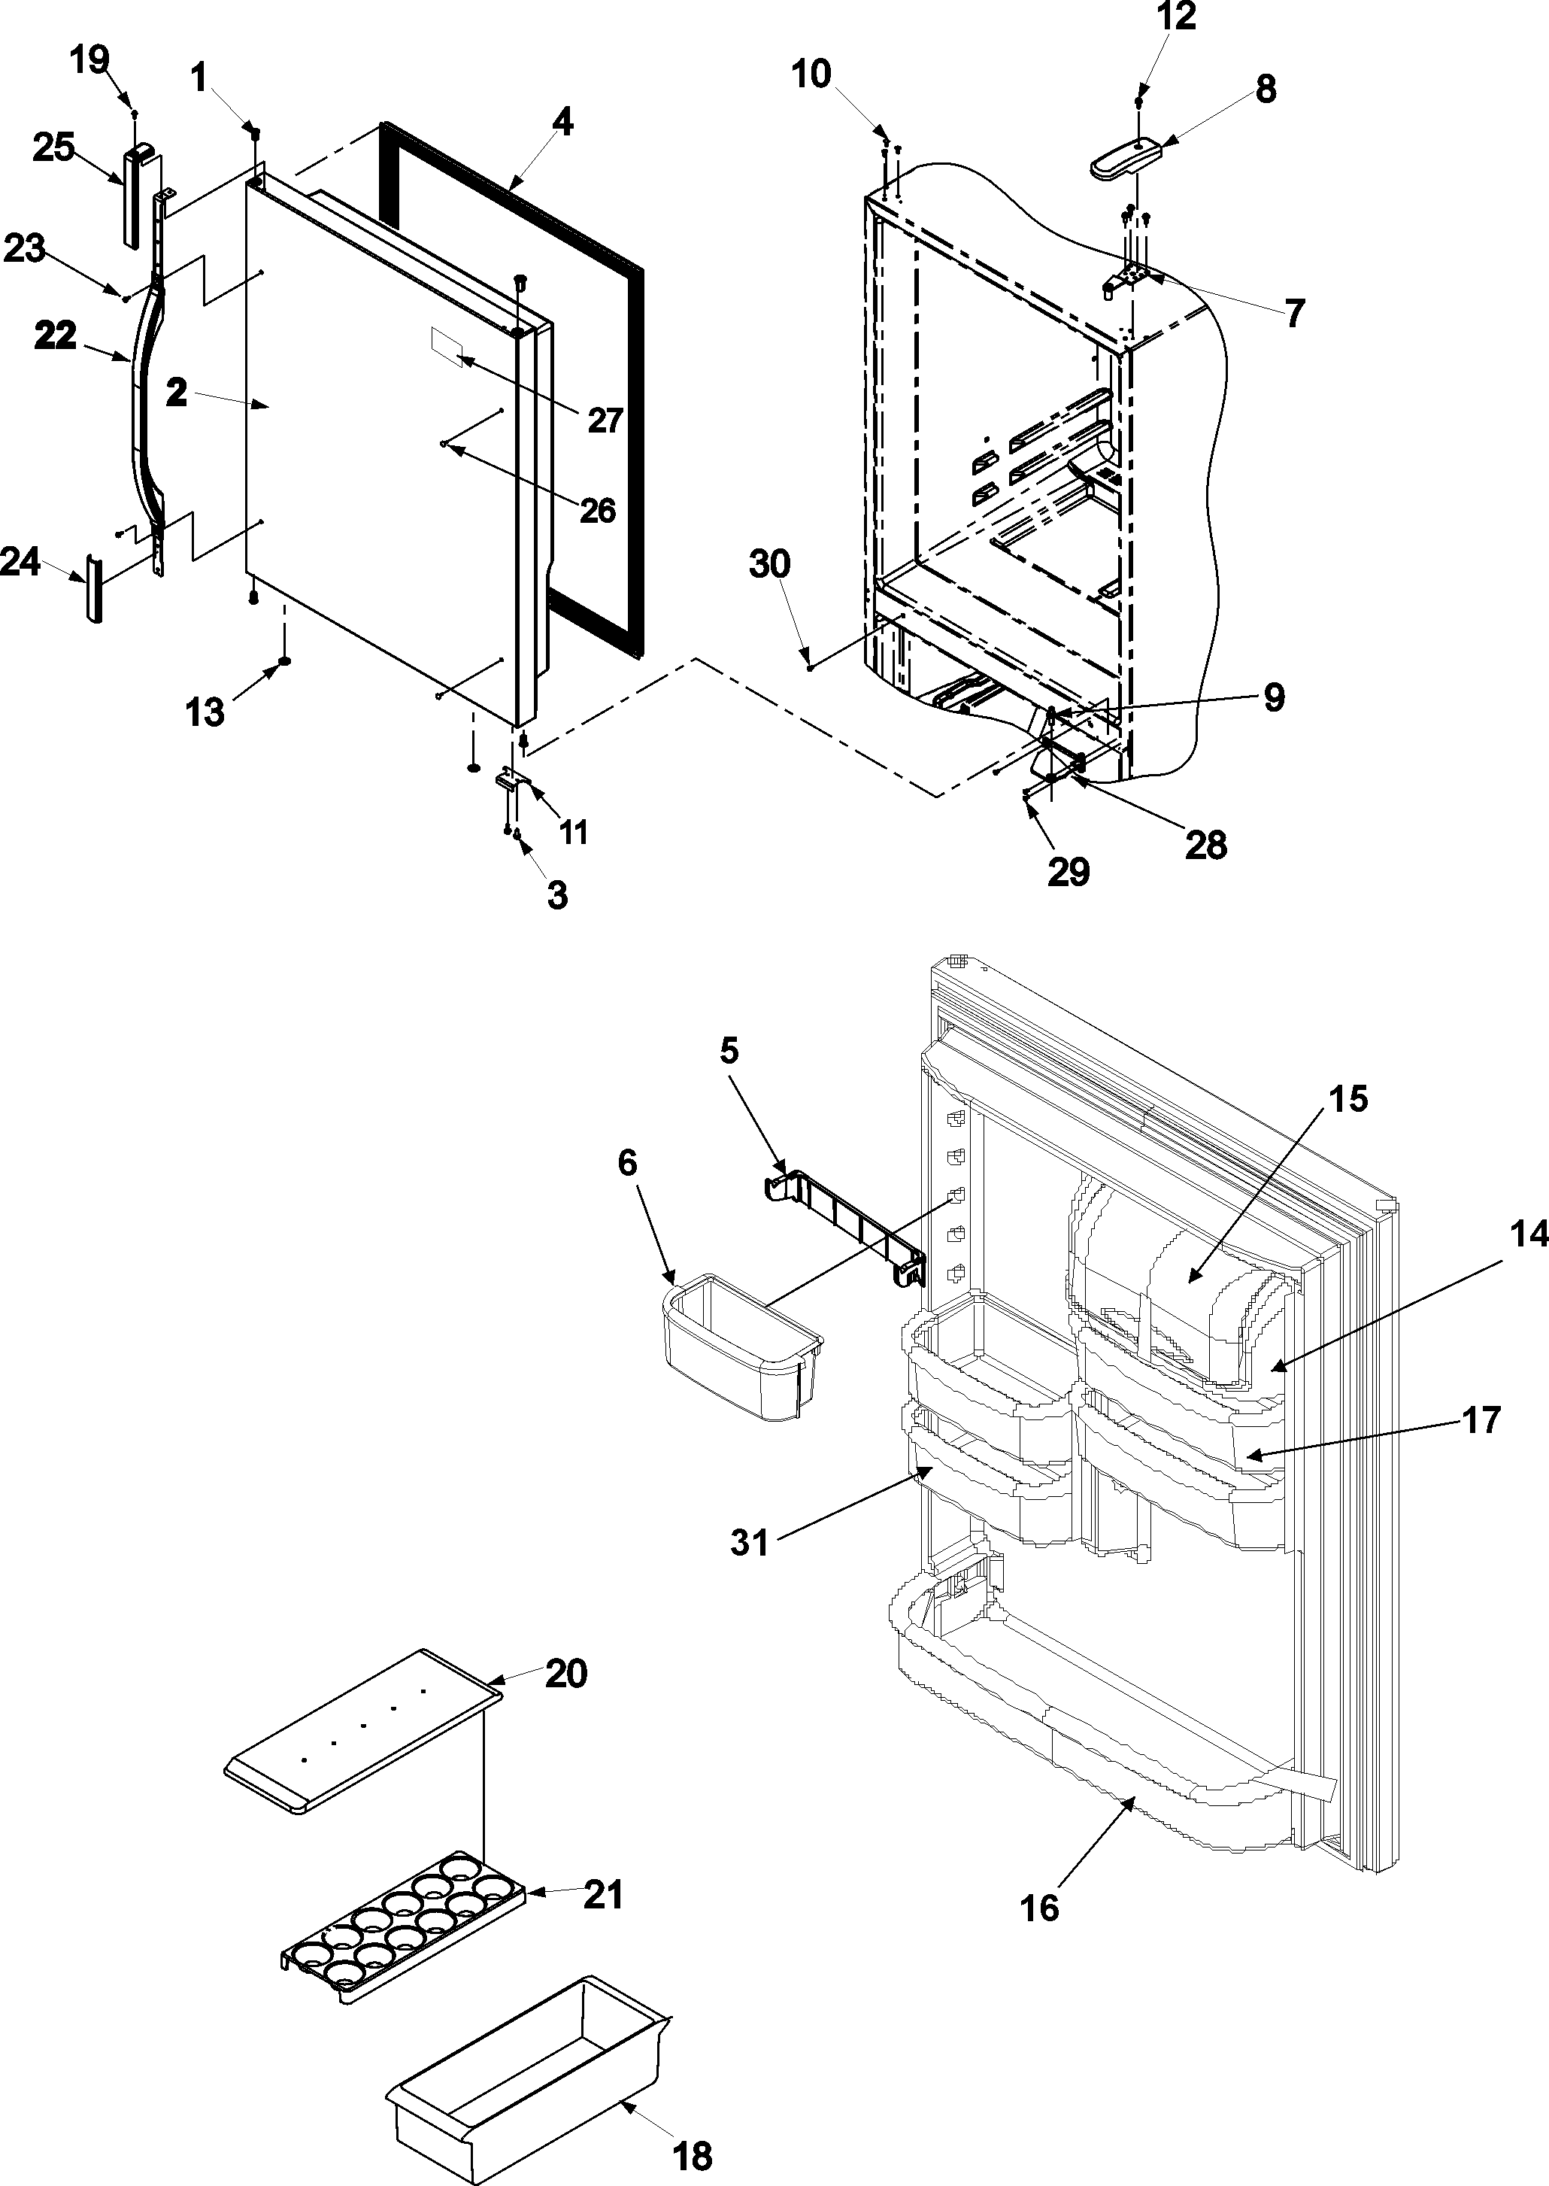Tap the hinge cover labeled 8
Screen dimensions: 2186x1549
coord(1126,159)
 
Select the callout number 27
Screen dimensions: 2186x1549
coord(605,420)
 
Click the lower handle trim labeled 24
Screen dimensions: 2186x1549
coord(93,589)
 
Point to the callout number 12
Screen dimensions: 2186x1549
coord(1176,17)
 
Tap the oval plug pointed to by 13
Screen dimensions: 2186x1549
coord(284,661)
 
